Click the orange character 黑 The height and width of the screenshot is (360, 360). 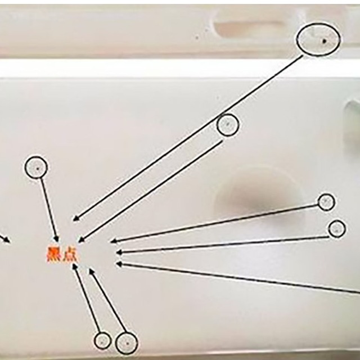pyautogui.click(x=54, y=254)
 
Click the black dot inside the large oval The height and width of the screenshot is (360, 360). pyautogui.click(x=324, y=41)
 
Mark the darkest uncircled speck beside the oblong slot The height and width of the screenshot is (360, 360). pyautogui.click(x=197, y=37)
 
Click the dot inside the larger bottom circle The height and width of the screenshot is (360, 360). pyautogui.click(x=128, y=344)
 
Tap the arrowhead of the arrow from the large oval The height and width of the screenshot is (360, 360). pyautogui.click(x=76, y=218)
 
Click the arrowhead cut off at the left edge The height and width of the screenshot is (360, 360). pyautogui.click(x=7, y=240)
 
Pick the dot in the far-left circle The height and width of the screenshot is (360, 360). pyautogui.click(x=38, y=169)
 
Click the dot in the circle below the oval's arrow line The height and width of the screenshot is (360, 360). pyautogui.click(x=228, y=124)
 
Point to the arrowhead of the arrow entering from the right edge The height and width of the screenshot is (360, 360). pyautogui.click(x=120, y=264)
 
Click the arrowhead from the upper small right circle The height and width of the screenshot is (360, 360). pyautogui.click(x=114, y=241)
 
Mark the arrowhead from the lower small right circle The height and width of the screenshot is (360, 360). pyautogui.click(x=120, y=253)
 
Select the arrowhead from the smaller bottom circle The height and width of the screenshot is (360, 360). pyautogui.click(x=75, y=267)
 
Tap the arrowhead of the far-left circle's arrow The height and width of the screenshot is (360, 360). pyautogui.click(x=56, y=238)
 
